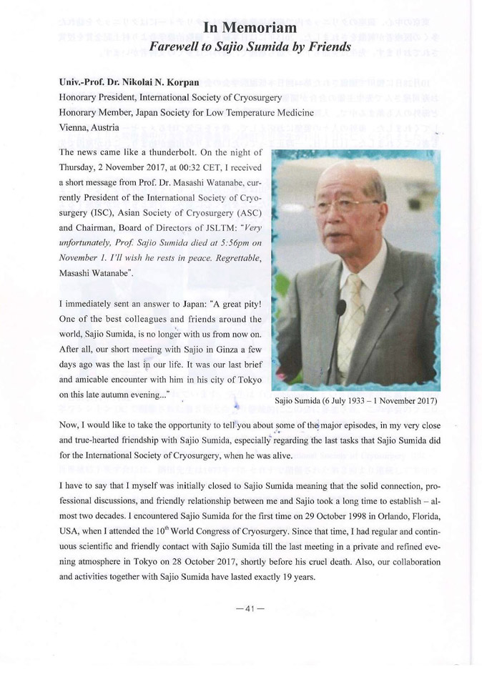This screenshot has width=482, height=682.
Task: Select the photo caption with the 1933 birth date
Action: pyautogui.click(x=355, y=400)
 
